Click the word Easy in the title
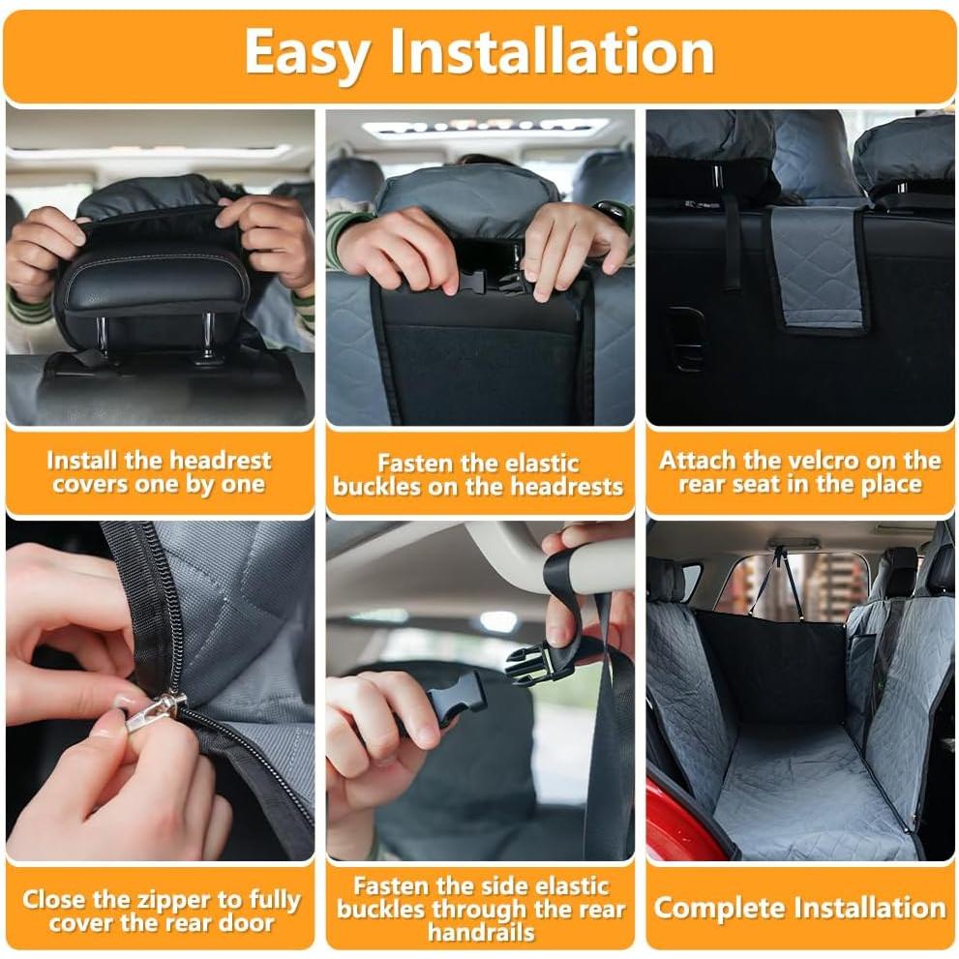coord(307,52)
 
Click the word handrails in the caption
coord(481,933)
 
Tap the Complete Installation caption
coord(799,908)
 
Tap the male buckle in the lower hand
coord(456,697)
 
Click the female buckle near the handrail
coord(540,663)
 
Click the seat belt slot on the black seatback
coord(685,339)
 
